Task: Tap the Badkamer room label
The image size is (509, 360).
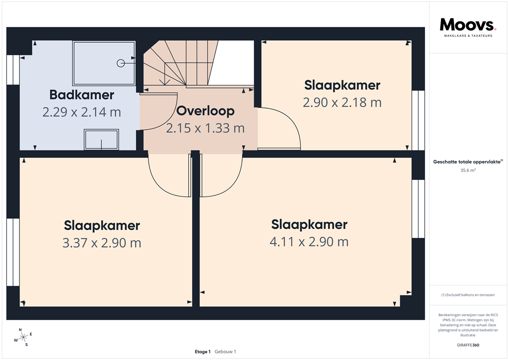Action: click(82, 94)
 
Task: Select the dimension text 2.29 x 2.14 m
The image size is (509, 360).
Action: click(82, 112)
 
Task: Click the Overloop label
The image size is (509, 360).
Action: click(205, 110)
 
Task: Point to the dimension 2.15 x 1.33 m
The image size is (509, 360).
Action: click(205, 128)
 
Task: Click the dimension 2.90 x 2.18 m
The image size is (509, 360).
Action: click(342, 102)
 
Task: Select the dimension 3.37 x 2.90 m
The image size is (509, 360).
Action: click(101, 243)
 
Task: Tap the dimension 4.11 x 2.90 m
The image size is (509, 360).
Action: click(309, 242)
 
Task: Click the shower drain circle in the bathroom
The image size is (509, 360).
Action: click(120, 63)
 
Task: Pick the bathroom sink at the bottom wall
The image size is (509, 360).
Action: click(101, 140)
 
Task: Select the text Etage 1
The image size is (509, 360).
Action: click(203, 352)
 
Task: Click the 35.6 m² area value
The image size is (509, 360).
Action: click(468, 170)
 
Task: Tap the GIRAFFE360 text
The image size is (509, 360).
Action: click(468, 345)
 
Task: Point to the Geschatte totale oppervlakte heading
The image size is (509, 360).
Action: click(468, 161)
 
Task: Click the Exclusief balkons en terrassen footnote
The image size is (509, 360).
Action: click(468, 295)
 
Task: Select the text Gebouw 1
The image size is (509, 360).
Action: click(225, 352)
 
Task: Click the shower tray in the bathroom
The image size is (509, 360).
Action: click(104, 63)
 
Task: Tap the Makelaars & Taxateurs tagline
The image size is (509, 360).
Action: click(468, 36)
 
